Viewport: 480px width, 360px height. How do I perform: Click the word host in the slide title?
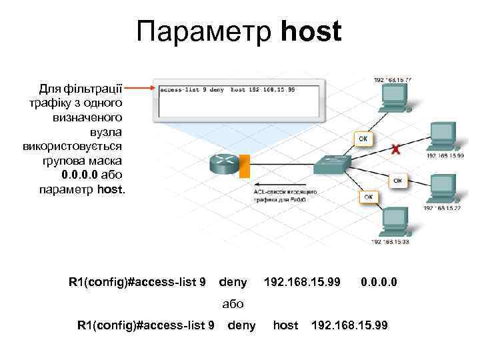coord(311,31)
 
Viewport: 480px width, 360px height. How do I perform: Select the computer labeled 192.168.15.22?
coord(441,189)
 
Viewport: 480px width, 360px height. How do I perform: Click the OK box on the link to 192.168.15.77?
coord(363,139)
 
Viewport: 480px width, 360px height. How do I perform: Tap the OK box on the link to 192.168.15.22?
coord(397,181)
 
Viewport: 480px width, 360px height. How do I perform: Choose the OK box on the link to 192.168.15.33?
coord(368,197)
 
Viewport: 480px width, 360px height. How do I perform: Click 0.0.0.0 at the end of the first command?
coord(379,283)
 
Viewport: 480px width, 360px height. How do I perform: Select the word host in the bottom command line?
coord(285,325)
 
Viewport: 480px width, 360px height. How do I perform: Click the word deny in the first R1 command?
coord(233,283)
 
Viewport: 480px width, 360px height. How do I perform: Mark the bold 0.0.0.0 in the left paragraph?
coord(80,175)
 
